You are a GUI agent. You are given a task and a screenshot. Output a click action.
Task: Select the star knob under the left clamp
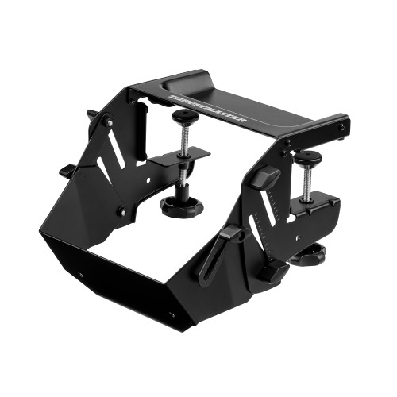coord(181,206)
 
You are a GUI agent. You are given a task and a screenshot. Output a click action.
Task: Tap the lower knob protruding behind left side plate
coord(67,170)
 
